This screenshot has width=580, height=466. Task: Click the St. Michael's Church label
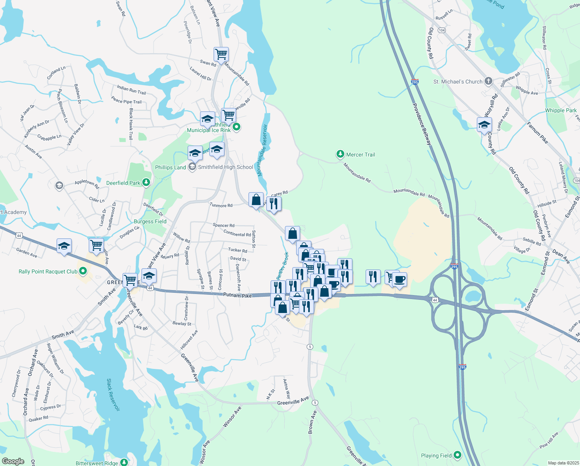click(458, 82)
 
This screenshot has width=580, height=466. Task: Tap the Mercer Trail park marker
click(340, 155)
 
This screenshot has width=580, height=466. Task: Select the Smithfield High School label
click(225, 167)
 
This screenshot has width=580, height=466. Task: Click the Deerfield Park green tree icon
click(146, 183)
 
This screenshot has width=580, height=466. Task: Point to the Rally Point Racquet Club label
click(48, 271)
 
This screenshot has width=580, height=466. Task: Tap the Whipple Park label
click(561, 110)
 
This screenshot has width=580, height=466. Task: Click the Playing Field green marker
click(457, 455)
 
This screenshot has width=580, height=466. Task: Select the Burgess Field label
click(150, 221)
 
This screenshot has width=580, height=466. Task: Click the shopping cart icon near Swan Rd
click(221, 54)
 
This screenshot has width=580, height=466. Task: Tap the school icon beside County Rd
click(484, 125)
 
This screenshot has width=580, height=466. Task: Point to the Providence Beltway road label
click(421, 124)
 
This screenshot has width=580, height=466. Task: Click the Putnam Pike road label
click(237, 295)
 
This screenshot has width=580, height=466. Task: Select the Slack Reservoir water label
click(113, 395)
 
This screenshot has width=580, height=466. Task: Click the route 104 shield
click(442, 30)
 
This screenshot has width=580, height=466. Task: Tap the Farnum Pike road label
click(537, 133)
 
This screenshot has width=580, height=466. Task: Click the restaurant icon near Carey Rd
click(274, 203)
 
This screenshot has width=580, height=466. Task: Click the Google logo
click(13, 461)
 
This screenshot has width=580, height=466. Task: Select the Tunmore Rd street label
click(221, 205)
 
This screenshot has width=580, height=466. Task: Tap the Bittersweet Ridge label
click(97, 463)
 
